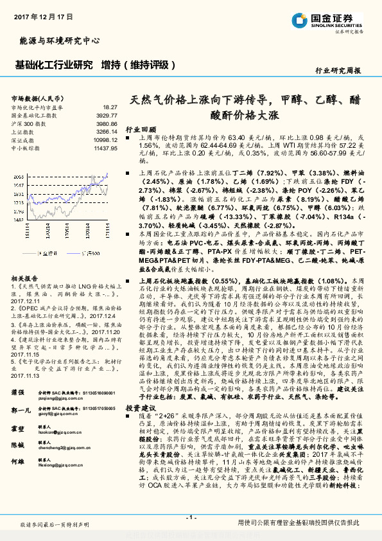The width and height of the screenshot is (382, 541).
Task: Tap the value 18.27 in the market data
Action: [109, 107]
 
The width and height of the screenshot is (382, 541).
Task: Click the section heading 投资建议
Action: [141, 407]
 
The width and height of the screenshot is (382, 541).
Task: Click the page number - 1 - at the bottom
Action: [191, 518]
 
